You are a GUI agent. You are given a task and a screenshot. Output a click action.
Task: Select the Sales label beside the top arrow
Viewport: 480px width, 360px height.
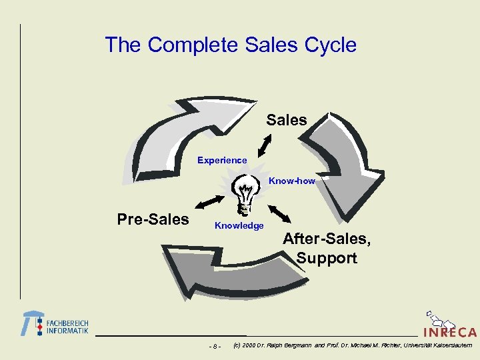click(x=287, y=121)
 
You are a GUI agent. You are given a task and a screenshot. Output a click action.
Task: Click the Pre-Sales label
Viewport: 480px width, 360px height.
click(x=153, y=219)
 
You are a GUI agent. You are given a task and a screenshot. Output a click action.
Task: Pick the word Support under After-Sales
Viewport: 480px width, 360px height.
click(x=327, y=258)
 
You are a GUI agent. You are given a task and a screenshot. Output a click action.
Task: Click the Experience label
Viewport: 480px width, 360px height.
click(x=222, y=160)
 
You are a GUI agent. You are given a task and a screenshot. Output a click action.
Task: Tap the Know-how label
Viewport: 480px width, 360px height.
click(x=291, y=181)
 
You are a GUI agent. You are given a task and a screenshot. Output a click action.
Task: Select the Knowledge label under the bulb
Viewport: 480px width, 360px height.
click(x=239, y=226)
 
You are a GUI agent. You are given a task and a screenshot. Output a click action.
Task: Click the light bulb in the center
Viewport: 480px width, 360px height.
click(x=244, y=193)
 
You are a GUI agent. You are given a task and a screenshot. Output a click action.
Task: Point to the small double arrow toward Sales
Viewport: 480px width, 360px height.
click(x=265, y=145)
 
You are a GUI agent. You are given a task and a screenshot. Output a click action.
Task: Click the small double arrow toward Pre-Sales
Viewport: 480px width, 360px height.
click(x=209, y=201)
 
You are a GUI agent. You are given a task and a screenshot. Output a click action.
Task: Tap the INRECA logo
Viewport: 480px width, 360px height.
click(x=449, y=326)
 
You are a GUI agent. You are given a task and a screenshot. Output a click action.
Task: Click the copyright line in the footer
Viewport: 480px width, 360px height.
click(x=353, y=345)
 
